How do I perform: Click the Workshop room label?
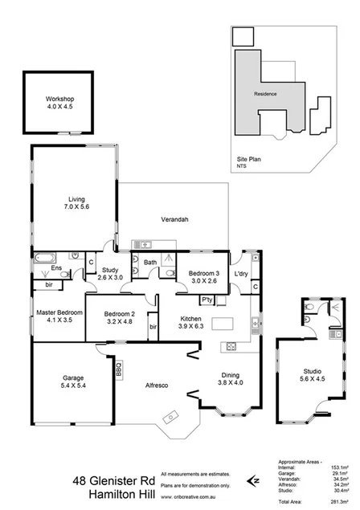[59, 104]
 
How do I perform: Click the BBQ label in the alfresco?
[117, 370]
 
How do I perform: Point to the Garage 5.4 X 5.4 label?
[74, 382]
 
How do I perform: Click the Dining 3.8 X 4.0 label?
[231, 378]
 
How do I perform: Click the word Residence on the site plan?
[266, 94]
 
